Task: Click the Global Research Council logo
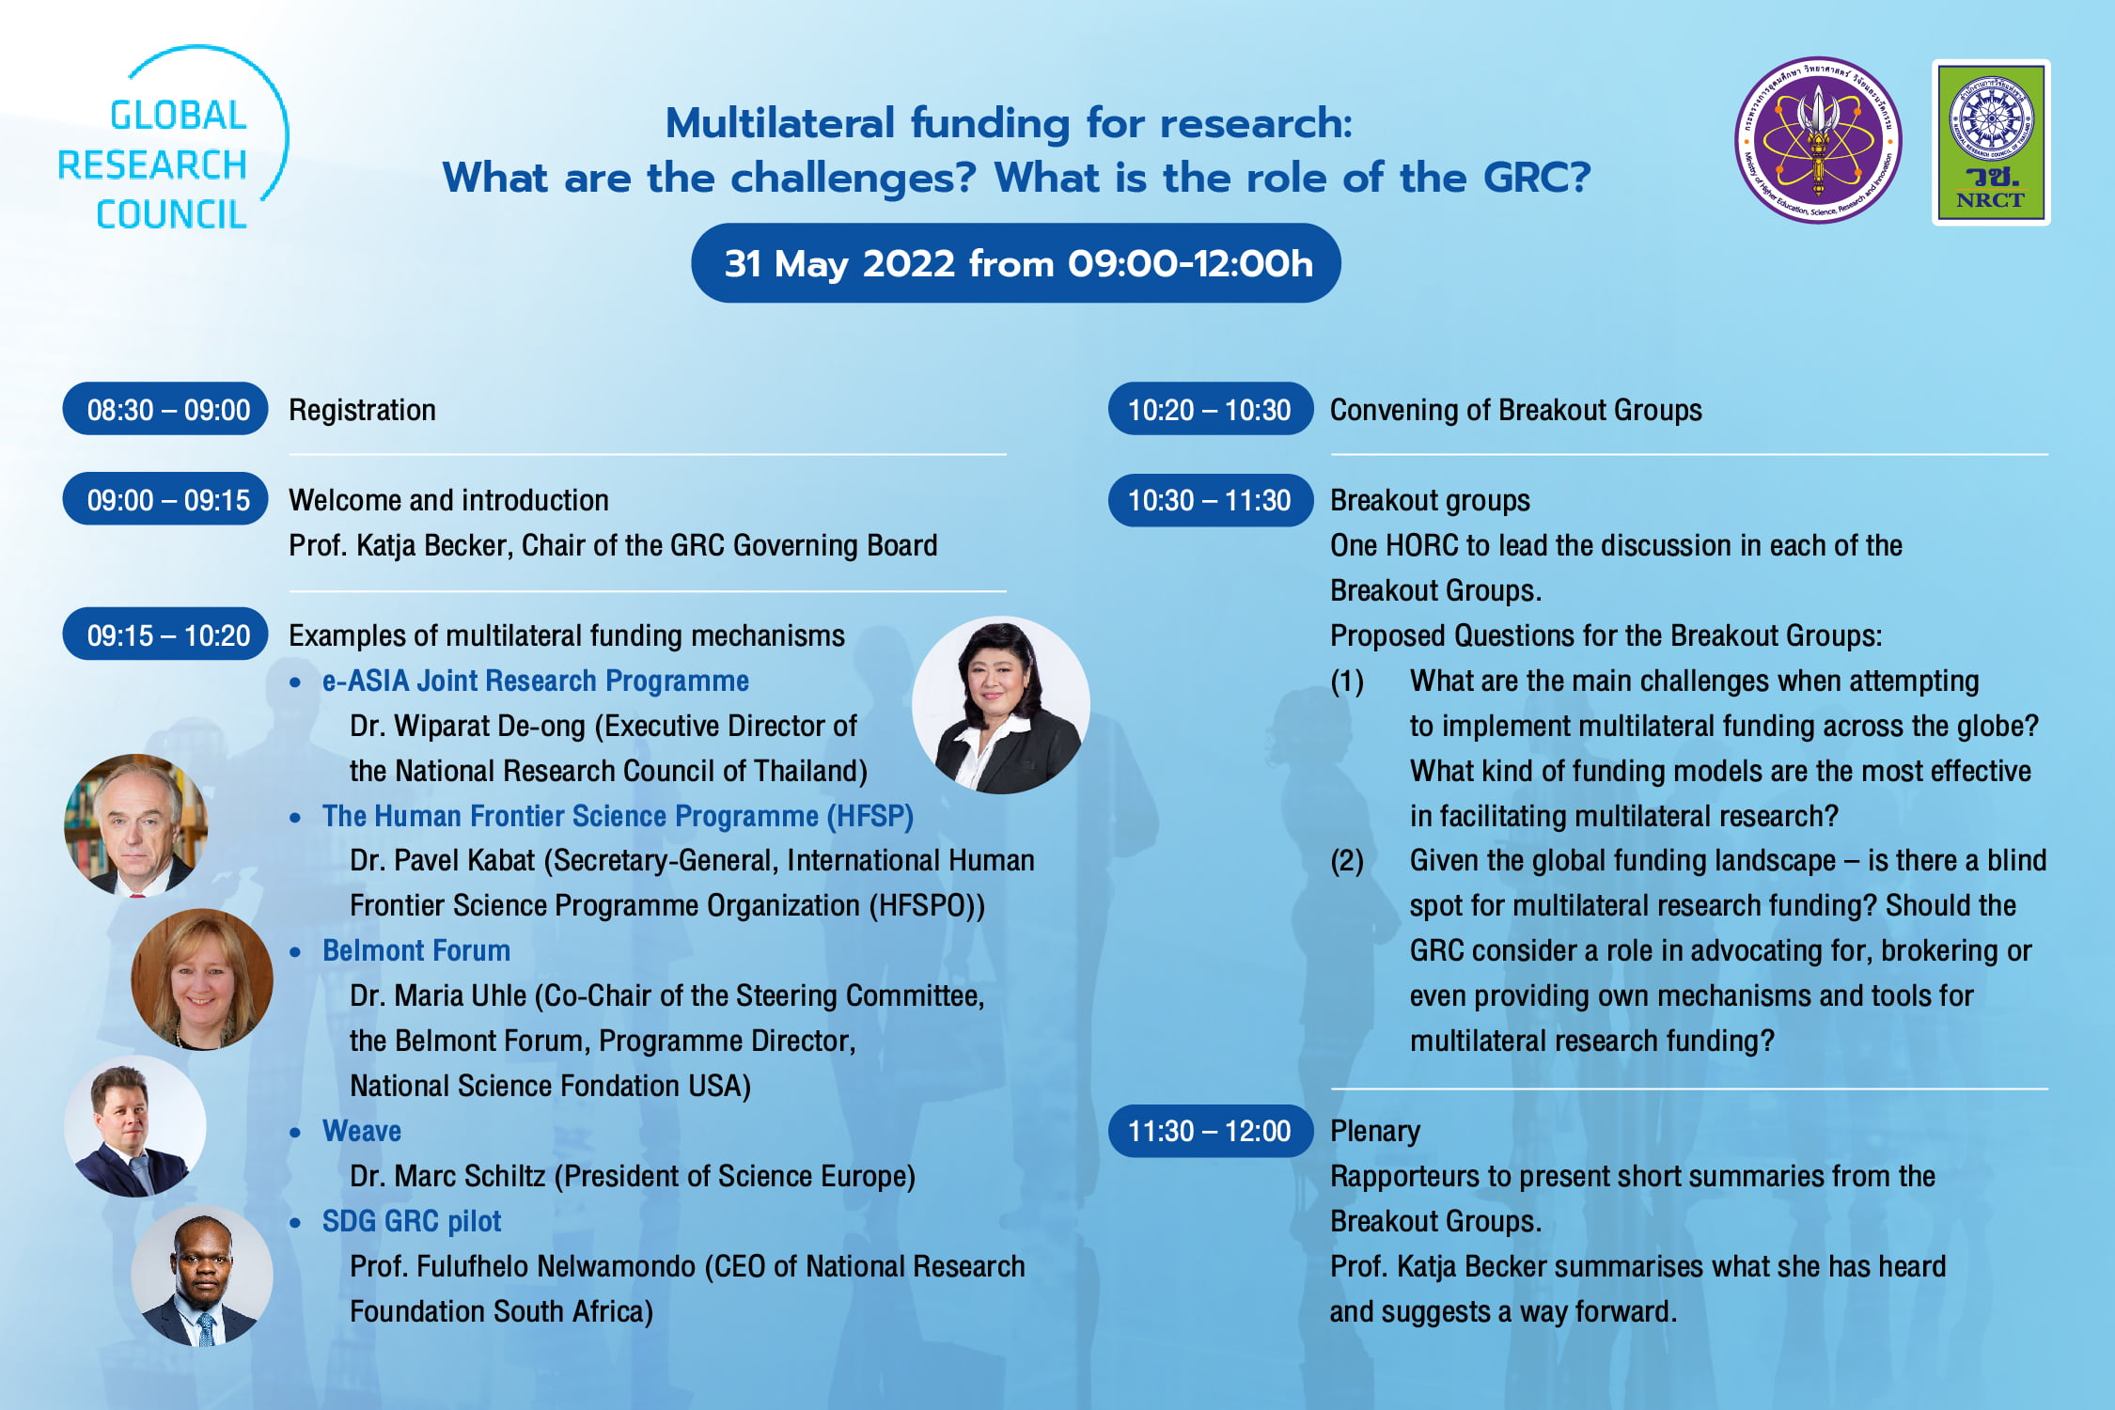pyautogui.click(x=169, y=141)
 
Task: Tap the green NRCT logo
pyautogui.click(x=1990, y=142)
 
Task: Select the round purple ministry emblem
pyautogui.click(x=1817, y=140)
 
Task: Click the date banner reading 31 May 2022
pyautogui.click(x=1015, y=263)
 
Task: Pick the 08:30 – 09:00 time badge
pyautogui.click(x=165, y=409)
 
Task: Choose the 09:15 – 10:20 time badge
pyautogui.click(x=165, y=634)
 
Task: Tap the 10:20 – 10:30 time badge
pyautogui.click(x=1210, y=409)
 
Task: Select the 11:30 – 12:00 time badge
pyautogui.click(x=1210, y=1131)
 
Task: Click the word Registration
pyautogui.click(x=362, y=410)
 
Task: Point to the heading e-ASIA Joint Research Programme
pyautogui.click(x=535, y=681)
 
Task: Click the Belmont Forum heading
pyautogui.click(x=415, y=950)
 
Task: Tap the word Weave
pyautogui.click(x=361, y=1131)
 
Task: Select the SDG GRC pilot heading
pyautogui.click(x=411, y=1221)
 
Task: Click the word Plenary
pyautogui.click(x=1374, y=1132)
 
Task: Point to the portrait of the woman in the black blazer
pyautogui.click(x=1000, y=705)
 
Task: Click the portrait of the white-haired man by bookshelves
pyautogui.click(x=135, y=824)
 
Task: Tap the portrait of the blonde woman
pyautogui.click(x=202, y=979)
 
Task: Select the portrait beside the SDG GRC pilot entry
pyautogui.click(x=202, y=1277)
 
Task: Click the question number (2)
pyautogui.click(x=1347, y=861)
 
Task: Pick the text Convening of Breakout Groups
pyautogui.click(x=1515, y=410)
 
